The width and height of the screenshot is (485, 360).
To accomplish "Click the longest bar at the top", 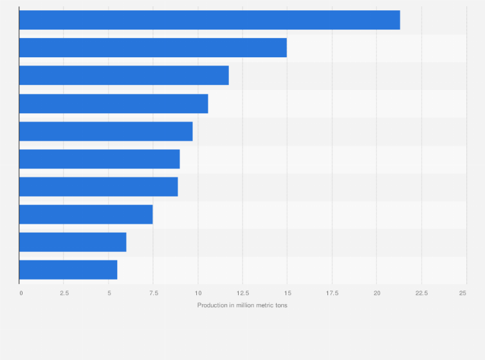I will point(209,20).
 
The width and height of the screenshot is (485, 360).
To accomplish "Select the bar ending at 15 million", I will point(152,48).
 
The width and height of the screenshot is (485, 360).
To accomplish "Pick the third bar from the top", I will point(124,75).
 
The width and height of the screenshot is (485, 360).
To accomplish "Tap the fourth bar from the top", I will point(113,104).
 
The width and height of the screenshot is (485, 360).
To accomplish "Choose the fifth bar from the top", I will point(105,131).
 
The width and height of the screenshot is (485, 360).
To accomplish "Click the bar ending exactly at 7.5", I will point(86,214).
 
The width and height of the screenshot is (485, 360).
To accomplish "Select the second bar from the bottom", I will point(73,242).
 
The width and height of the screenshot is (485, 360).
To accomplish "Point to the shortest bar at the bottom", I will point(68,270).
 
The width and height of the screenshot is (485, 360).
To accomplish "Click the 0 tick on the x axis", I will point(21,293).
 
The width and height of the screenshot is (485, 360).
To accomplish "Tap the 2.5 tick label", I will point(64,293).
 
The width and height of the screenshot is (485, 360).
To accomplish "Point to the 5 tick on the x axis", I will point(109,293).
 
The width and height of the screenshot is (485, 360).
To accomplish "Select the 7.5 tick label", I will point(154,293).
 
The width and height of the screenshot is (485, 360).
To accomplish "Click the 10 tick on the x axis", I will point(198,293).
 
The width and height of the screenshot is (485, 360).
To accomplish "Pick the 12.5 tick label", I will point(243,293).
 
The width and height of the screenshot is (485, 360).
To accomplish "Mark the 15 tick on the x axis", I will point(288,293).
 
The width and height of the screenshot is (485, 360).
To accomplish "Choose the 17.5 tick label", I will point(332,293).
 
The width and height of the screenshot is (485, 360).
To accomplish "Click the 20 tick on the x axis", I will point(377,293).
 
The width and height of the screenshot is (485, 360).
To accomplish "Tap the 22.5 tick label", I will point(421,293).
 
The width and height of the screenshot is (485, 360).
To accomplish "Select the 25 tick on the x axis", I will point(462,293).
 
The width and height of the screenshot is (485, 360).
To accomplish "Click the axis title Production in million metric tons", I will point(243,305).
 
